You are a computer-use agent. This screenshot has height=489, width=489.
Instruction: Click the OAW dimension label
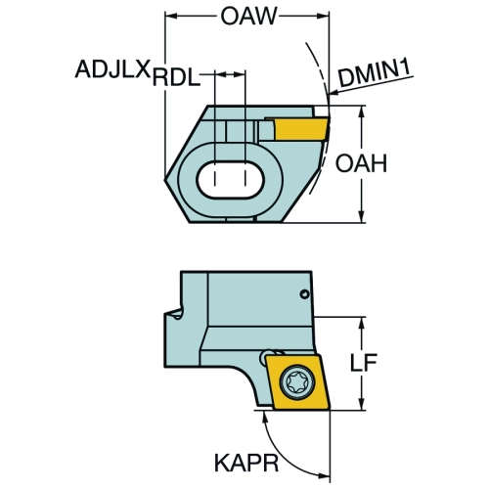248,16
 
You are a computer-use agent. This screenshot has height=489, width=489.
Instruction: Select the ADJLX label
112,68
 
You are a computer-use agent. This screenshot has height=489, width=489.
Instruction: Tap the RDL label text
176,78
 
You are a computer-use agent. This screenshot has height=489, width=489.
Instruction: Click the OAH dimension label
361,163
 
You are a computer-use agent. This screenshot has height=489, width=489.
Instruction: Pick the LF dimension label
364,362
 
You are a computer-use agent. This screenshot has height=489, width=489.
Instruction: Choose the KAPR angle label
246,463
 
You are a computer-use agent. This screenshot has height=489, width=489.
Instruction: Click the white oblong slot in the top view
230,179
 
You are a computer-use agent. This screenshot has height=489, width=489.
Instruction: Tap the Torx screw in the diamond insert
298,381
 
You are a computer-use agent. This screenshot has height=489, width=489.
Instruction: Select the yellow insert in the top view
300,129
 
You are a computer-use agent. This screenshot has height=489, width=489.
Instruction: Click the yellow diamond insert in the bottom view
297,382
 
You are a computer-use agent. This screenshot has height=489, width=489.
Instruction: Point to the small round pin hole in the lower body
304,294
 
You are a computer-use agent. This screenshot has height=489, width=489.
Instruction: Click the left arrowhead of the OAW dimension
171,16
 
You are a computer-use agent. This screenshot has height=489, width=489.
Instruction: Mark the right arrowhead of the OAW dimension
323,16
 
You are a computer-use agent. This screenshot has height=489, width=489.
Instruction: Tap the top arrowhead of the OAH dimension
361,111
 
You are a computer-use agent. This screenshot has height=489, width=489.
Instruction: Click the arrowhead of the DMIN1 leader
334,93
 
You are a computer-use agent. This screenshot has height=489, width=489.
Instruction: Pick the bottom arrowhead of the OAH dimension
361,217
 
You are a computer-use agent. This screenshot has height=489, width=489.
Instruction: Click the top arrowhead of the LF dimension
361,322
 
